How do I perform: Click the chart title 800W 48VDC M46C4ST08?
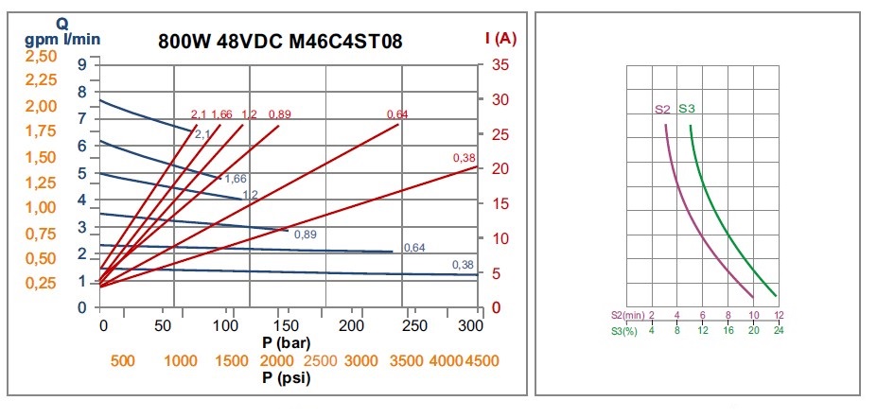(x=281, y=43)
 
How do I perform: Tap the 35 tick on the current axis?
(x=500, y=64)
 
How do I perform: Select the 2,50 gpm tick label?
(x=40, y=56)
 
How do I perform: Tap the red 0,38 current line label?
(x=464, y=157)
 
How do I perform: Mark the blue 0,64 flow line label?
(x=413, y=248)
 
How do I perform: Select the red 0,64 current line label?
(x=397, y=114)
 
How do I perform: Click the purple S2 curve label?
(x=662, y=110)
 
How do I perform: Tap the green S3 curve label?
(x=687, y=110)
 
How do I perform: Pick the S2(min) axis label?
(x=627, y=314)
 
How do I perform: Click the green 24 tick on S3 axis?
(x=779, y=329)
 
